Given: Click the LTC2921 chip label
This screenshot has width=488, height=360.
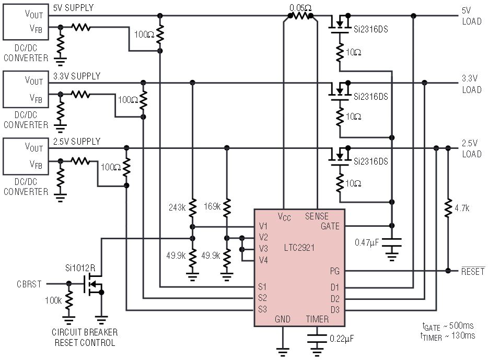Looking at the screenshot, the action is pos(299,248).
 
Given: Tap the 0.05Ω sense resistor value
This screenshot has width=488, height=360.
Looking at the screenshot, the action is pos(300,7).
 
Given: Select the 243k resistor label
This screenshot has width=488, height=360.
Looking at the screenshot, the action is pos(177,207).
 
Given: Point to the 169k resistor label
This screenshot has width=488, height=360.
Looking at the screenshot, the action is pos(212,206).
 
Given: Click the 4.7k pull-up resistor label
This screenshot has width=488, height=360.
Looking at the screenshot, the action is pos(462,208).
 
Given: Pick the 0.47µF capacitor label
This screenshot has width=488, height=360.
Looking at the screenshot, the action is pos(367,242).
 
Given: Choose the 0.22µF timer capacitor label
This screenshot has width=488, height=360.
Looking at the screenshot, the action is pos(342,339).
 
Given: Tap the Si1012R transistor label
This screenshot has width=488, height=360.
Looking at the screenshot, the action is pos(80,268).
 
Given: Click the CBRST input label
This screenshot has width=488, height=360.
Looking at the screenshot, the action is pos(29,284).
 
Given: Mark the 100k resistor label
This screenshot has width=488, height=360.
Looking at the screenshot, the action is pos(53,300).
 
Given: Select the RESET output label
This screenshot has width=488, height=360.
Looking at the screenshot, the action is pos(473,271).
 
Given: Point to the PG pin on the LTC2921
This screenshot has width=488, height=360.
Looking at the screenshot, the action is pos(334,271).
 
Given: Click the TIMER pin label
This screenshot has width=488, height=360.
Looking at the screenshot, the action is pos(317,319).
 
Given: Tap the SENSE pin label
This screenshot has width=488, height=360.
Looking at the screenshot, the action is pos(317,216).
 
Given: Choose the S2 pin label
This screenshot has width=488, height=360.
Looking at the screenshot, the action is pos(262,298).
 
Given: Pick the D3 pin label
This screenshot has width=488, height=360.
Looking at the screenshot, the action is pos(335,310).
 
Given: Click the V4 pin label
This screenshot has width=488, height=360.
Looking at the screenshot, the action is pos(263,260).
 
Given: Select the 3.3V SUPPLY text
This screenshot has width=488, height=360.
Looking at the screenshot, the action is pos(77,76).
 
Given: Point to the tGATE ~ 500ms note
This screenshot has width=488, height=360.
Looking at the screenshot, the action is pos(448,326).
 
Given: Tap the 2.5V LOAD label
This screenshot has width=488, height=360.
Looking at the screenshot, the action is pos(472,148).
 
